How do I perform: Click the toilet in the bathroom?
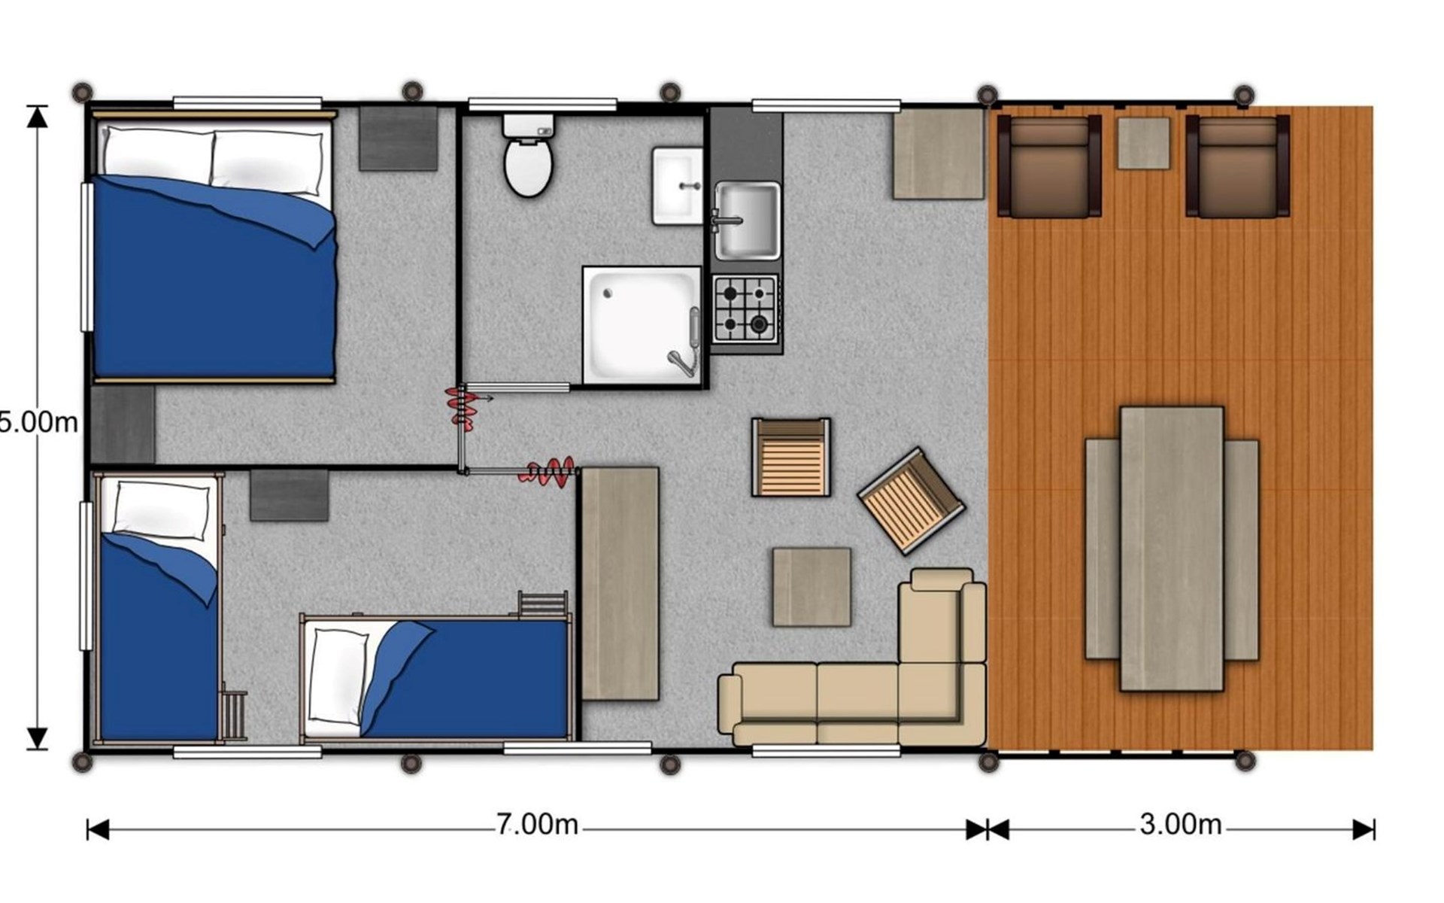click(x=528, y=155)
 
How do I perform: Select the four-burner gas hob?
click(x=745, y=309)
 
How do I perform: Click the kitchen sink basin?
click(x=747, y=220)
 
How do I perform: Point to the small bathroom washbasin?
click(x=677, y=186)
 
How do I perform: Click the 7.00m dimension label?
click(x=537, y=825)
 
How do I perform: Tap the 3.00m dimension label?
click(x=1180, y=825)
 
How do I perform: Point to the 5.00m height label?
click(x=38, y=422)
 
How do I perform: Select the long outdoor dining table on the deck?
click(x=1172, y=549)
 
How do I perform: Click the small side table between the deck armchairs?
click(x=1143, y=143)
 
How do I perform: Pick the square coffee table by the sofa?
click(x=811, y=587)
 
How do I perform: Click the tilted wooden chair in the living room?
click(x=911, y=500)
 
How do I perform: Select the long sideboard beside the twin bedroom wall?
click(x=620, y=584)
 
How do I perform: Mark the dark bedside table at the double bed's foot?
click(x=123, y=424)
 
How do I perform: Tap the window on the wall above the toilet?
click(x=542, y=104)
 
